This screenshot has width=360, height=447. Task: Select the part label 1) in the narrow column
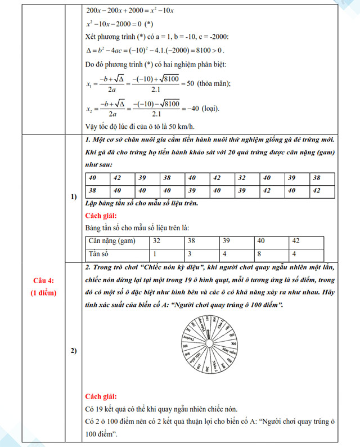click(x=74, y=197)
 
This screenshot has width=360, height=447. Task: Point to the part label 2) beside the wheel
click(x=74, y=351)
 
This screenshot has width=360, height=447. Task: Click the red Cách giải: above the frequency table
click(x=101, y=216)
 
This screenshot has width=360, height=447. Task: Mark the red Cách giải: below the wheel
click(x=101, y=396)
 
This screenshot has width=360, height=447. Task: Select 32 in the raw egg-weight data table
click(x=241, y=177)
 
